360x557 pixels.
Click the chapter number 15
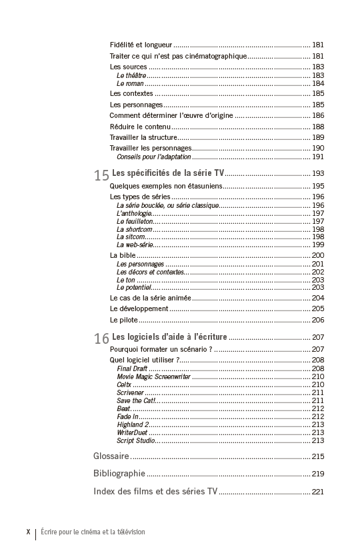pyautogui.click(x=101, y=175)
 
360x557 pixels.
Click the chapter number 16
pyautogui.click(x=101, y=338)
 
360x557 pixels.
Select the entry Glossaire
pyautogui.click(x=111, y=456)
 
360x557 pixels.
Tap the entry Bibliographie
pyautogui.click(x=119, y=474)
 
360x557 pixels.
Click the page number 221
pyautogui.click(x=317, y=492)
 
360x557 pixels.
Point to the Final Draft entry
pyautogui.click(x=132, y=368)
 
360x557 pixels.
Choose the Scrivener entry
pyautogui.click(x=131, y=392)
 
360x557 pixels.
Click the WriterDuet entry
pyautogui.click(x=132, y=432)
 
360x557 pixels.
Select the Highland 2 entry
pyautogui.click(x=133, y=424)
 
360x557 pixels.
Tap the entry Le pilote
pyautogui.click(x=124, y=320)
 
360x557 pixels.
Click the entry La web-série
pyautogui.click(x=135, y=245)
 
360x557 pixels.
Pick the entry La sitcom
pyautogui.click(x=130, y=237)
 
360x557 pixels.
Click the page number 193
pyautogui.click(x=317, y=173)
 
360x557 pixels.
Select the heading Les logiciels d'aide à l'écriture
pyautogui.click(x=169, y=336)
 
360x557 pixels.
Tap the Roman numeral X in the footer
pyautogui.click(x=28, y=532)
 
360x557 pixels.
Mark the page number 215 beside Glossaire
pyautogui.click(x=317, y=456)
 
